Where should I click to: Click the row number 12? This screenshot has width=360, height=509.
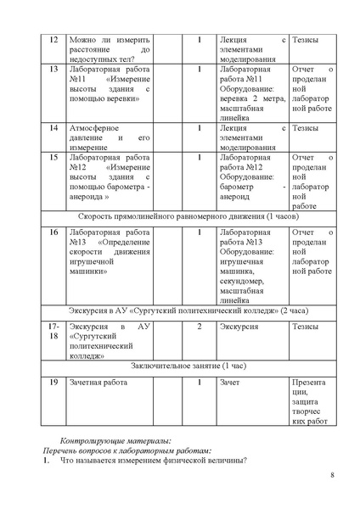53,39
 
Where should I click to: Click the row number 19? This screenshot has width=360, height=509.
53,383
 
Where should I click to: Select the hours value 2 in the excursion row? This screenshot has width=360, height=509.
199,326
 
